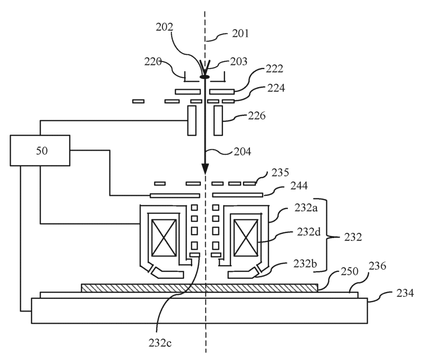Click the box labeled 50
[40, 150]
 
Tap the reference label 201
[240, 34]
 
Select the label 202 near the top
[164, 27]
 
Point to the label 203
[239, 62]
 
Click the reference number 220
[153, 62]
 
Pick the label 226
[256, 116]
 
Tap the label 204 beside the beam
[243, 151]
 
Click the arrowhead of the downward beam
[205, 169]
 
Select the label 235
[280, 172]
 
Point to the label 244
[299, 186]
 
